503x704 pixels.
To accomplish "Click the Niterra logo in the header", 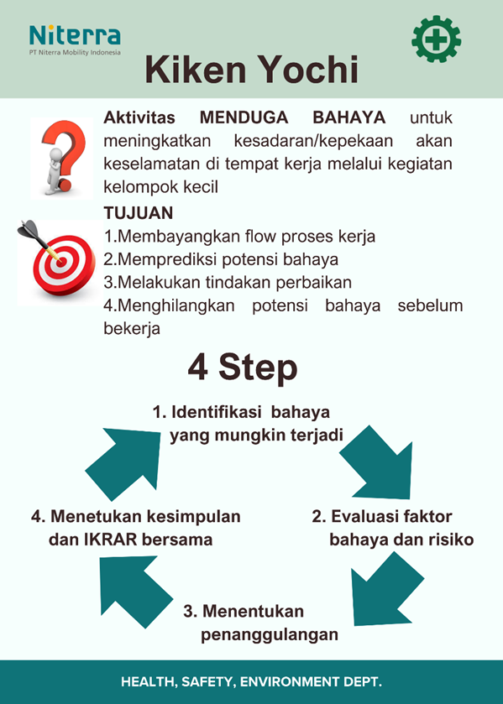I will pyautogui.click(x=75, y=39).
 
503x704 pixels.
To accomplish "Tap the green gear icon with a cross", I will pyautogui.click(x=436, y=39).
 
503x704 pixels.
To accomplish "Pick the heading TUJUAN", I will pyautogui.click(x=138, y=213).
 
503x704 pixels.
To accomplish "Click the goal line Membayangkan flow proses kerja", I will pyautogui.click(x=239, y=237).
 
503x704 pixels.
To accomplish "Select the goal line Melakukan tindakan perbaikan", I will pyautogui.click(x=228, y=282).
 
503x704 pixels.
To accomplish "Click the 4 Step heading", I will pyautogui.click(x=242, y=368).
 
